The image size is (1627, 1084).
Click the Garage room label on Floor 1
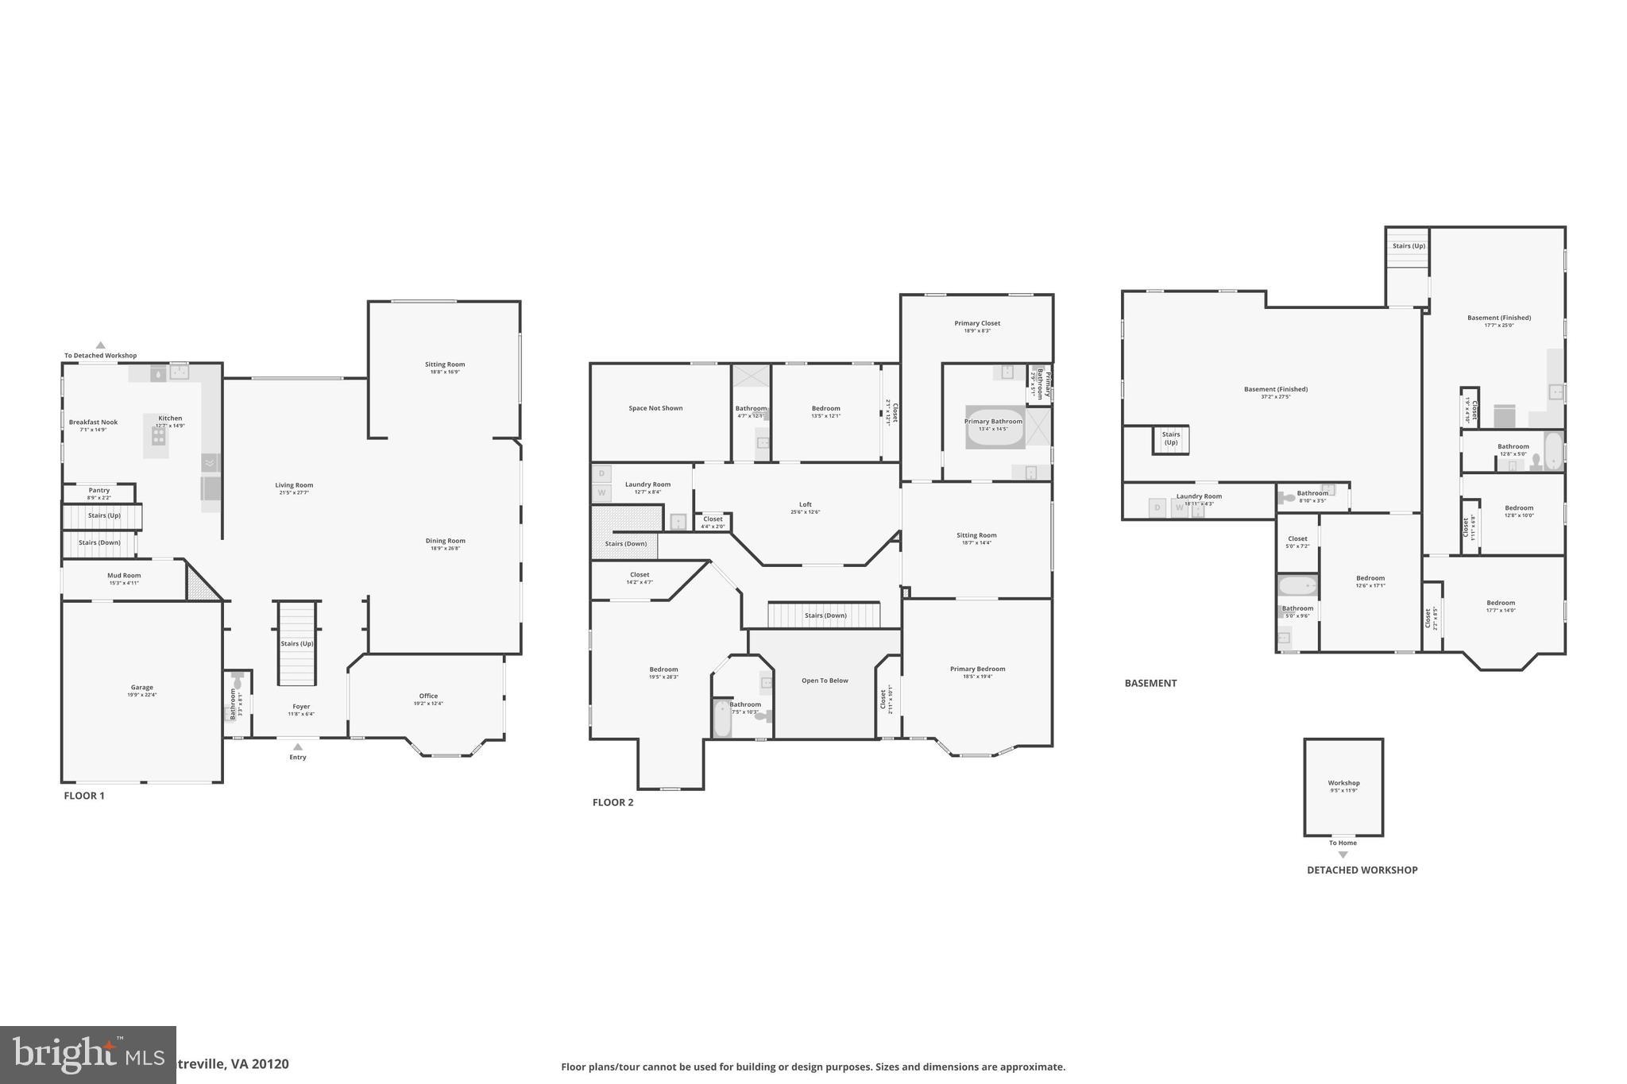(x=142, y=688)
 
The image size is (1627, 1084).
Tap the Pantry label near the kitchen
(x=99, y=491)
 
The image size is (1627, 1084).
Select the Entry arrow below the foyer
(x=298, y=746)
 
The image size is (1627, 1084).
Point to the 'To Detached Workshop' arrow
(x=101, y=345)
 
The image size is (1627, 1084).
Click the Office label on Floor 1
(x=428, y=696)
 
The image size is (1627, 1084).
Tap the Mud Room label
(x=124, y=576)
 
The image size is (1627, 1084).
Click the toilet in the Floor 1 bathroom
(x=237, y=681)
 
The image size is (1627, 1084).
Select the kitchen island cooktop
(x=159, y=436)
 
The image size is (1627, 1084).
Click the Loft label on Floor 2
(x=806, y=504)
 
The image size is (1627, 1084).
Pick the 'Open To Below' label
(x=825, y=681)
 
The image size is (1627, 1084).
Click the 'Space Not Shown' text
(x=655, y=408)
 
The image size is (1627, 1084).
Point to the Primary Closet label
(x=977, y=323)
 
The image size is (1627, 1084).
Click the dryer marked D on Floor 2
(x=601, y=474)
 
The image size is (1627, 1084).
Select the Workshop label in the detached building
(x=1343, y=783)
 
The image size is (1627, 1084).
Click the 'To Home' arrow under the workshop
(x=1343, y=854)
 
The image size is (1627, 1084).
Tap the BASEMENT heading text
(x=1150, y=683)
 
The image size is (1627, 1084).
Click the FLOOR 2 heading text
(x=613, y=802)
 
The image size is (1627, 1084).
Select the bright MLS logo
(x=87, y=1055)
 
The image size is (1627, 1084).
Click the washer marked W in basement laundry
(x=1179, y=508)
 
